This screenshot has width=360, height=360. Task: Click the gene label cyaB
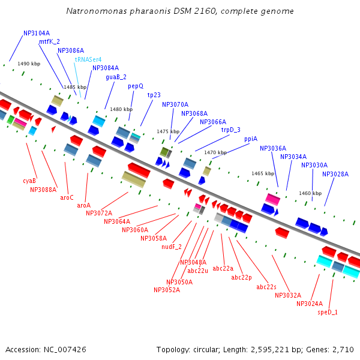point(29,181)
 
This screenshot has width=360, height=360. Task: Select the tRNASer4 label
point(88,59)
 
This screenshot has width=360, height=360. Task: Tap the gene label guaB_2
point(116,77)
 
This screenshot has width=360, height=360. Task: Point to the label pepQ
point(136,86)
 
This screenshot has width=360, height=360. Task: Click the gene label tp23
point(154,95)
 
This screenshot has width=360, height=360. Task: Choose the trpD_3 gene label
point(230,130)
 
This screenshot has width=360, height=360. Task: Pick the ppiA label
point(251,139)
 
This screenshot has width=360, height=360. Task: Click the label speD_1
point(328,312)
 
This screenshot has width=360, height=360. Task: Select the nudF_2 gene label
point(172,247)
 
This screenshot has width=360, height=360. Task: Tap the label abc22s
point(266,287)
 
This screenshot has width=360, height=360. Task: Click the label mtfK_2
point(49,42)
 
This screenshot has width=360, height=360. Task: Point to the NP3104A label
point(37,34)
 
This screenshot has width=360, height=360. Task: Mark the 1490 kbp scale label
point(29,63)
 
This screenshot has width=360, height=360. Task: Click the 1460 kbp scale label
point(310,193)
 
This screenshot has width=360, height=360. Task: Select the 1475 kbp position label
point(168,131)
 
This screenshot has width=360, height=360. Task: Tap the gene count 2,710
point(343,349)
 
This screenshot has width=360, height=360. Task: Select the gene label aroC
point(67,197)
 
